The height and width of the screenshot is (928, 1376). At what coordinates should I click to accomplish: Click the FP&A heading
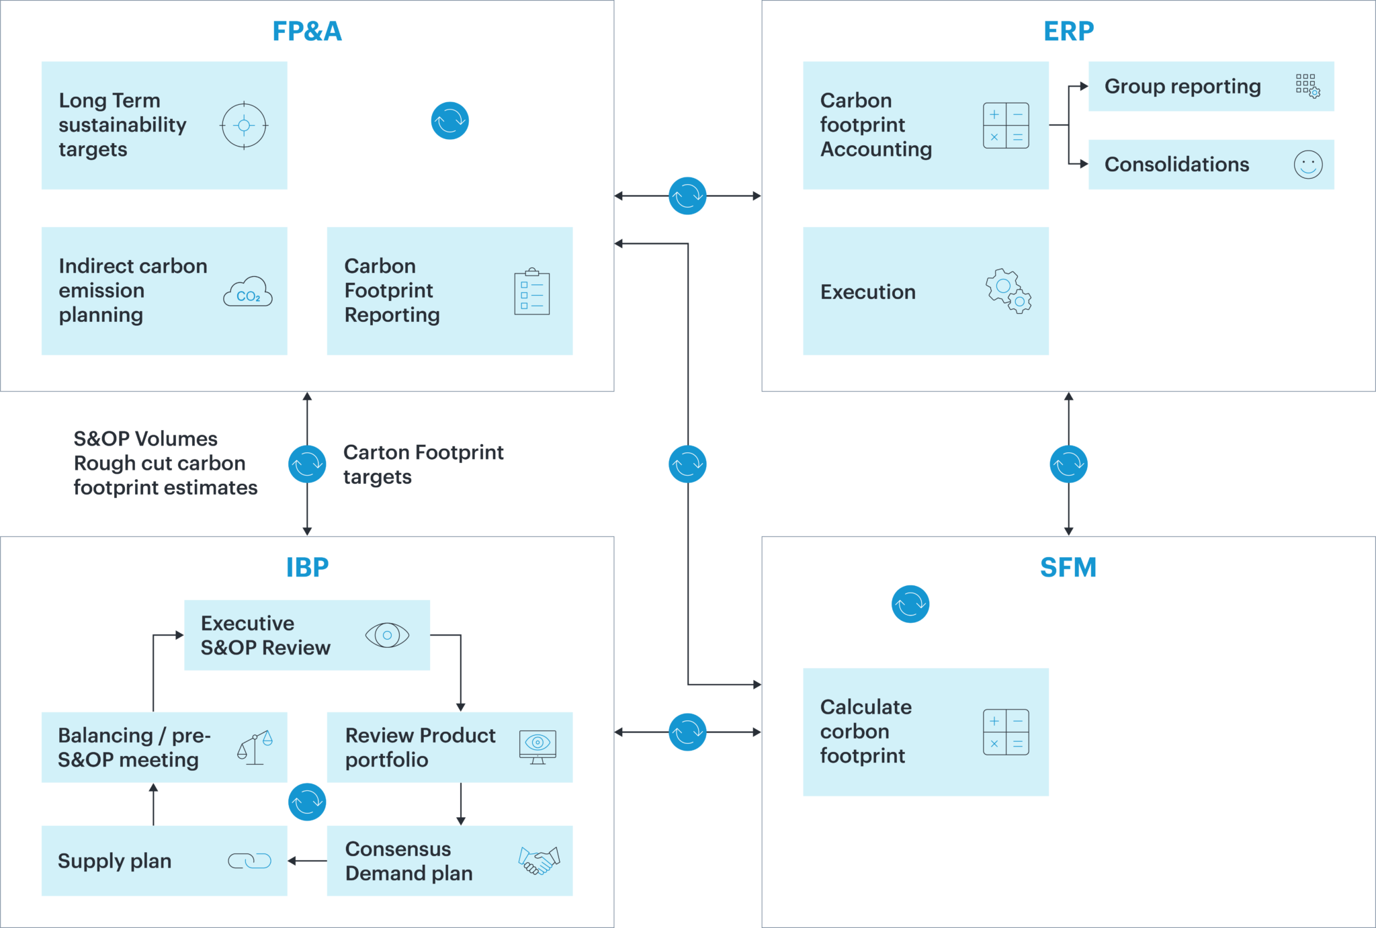pos(307,32)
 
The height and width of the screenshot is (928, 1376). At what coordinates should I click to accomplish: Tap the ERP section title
pos(1068,32)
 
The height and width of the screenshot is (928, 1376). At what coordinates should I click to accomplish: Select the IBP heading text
pos(307,568)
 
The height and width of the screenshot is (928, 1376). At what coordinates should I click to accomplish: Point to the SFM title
pos(1068,568)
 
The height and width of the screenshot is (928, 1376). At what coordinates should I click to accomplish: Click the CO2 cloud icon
pos(248,292)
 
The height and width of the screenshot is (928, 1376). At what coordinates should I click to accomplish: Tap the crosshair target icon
pos(244,126)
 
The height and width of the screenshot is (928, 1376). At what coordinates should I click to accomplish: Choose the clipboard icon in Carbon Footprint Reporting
pos(531,292)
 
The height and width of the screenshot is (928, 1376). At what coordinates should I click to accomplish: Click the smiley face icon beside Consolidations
pos(1307,165)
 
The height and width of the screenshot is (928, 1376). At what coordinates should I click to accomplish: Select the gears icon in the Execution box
pos(1008,292)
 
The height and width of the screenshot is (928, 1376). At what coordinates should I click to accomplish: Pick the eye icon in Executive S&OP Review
pos(387,635)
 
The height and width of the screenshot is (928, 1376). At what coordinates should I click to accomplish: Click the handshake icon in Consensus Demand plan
pos(538,860)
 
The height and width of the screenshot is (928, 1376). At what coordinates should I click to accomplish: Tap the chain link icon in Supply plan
pos(249,861)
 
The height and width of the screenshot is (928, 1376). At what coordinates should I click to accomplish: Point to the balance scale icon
pos(255,747)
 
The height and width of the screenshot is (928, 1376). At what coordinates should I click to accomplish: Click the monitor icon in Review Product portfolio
pos(537,747)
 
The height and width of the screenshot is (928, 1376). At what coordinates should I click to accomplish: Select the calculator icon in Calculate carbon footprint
pos(1006,732)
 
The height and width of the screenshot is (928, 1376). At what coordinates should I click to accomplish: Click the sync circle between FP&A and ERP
pos(687,196)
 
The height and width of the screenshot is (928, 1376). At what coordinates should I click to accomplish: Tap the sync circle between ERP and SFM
pos(1068,464)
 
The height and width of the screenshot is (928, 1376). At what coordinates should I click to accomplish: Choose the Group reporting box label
pos(1182,87)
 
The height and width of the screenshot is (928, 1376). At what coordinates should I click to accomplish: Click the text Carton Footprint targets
pos(423,464)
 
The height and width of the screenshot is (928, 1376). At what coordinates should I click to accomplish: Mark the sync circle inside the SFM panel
pos(910,604)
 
